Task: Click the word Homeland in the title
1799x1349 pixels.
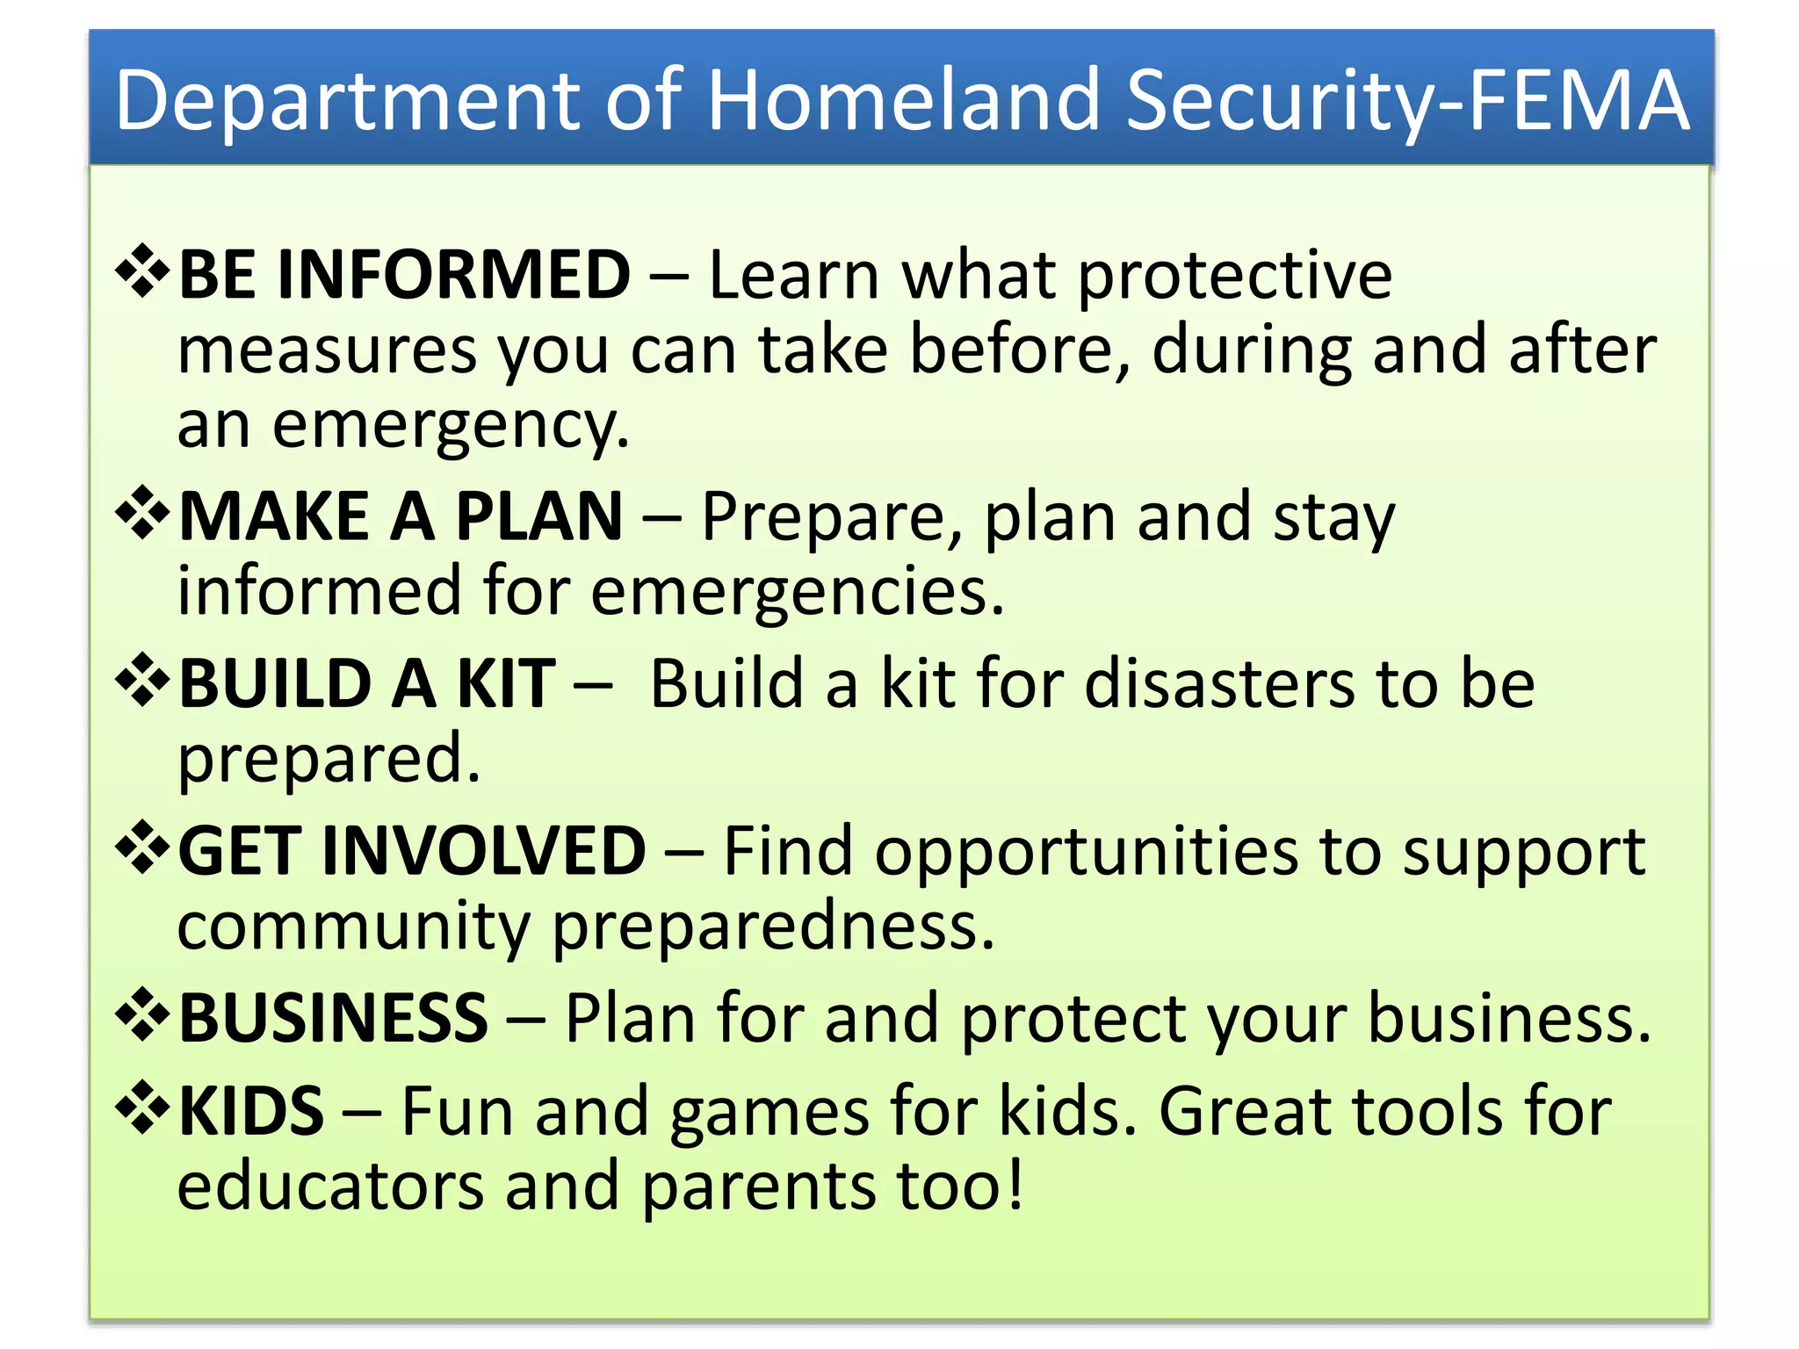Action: [904, 100]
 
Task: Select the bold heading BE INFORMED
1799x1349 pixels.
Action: [405, 275]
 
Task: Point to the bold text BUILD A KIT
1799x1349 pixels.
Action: [367, 683]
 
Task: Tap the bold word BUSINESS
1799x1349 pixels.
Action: [333, 1018]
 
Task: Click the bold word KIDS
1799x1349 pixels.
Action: [251, 1111]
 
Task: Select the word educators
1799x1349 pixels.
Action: [330, 1186]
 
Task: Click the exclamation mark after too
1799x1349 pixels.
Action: [1015, 1184]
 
